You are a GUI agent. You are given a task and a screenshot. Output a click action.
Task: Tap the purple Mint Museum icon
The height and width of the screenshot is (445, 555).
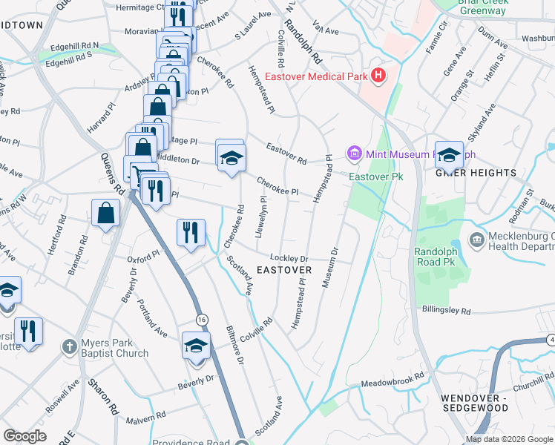pyautogui.click(x=354, y=154)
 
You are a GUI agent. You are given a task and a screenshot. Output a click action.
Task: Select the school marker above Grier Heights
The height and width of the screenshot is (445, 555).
pyautogui.click(x=449, y=156)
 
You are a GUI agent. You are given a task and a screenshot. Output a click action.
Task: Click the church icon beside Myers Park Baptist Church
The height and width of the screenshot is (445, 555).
pyautogui.click(x=69, y=346)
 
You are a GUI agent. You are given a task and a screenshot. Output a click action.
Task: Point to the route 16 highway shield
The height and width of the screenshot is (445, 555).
pyautogui.click(x=202, y=319)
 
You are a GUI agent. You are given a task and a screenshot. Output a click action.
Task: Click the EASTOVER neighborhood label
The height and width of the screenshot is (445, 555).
pyautogui.click(x=283, y=270)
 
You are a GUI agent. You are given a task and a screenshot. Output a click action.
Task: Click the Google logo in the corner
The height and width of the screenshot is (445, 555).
pyautogui.click(x=25, y=436)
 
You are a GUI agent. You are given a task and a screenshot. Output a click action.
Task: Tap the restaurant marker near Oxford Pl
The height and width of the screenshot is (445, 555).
pyautogui.click(x=191, y=232)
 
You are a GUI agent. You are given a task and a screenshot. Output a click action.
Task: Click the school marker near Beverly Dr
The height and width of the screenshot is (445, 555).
pyautogui.click(x=197, y=346)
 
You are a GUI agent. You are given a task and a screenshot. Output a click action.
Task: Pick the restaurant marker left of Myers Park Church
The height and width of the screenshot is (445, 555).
pyautogui.click(x=28, y=331)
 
